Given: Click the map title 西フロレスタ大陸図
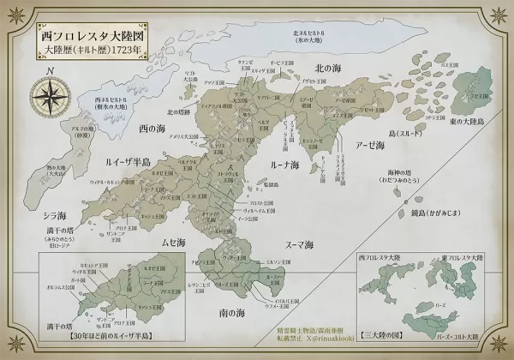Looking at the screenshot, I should click(x=93, y=38).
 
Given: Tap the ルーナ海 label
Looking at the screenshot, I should click(x=283, y=163).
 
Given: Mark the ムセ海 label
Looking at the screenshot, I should click(x=175, y=243).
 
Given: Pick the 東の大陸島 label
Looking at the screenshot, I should click(x=467, y=123).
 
